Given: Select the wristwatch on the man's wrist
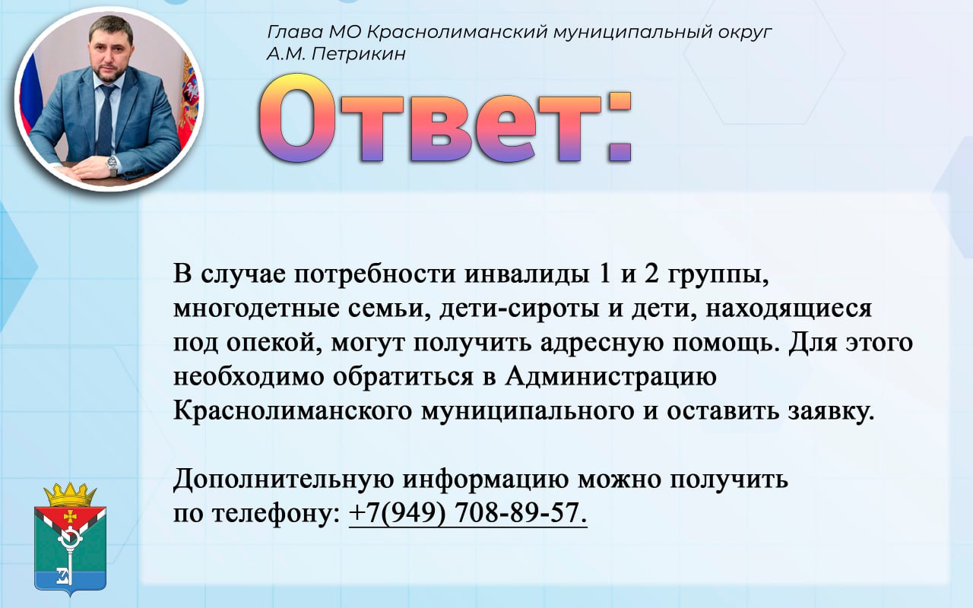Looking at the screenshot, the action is (112, 165).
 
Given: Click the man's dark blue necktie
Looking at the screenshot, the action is (106, 120).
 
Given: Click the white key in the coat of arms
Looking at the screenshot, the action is (68, 555).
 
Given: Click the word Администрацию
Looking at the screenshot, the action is (610, 377).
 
